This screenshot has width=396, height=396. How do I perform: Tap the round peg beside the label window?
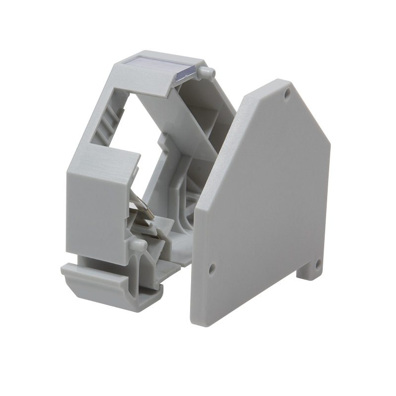coord(207,72)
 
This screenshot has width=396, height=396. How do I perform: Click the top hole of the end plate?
coord(287,93)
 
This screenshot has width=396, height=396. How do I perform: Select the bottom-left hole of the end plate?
coord(212,269)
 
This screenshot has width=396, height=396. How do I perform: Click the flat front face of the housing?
coord(94,208)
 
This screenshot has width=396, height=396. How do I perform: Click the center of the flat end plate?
coord(262,208)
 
